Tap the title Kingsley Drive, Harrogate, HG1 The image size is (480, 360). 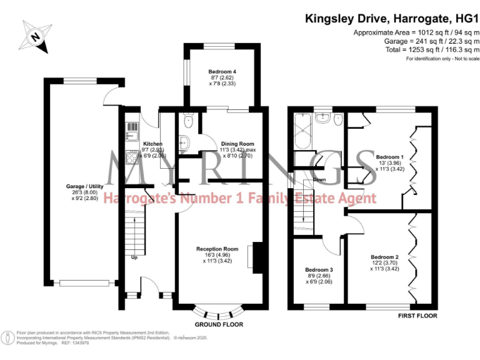(387, 18)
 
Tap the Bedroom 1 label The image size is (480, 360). (389, 156)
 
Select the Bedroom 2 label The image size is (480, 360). (385, 257)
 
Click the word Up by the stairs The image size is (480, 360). (134, 257)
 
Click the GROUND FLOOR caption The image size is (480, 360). (219, 324)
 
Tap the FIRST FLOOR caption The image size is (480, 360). (417, 316)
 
